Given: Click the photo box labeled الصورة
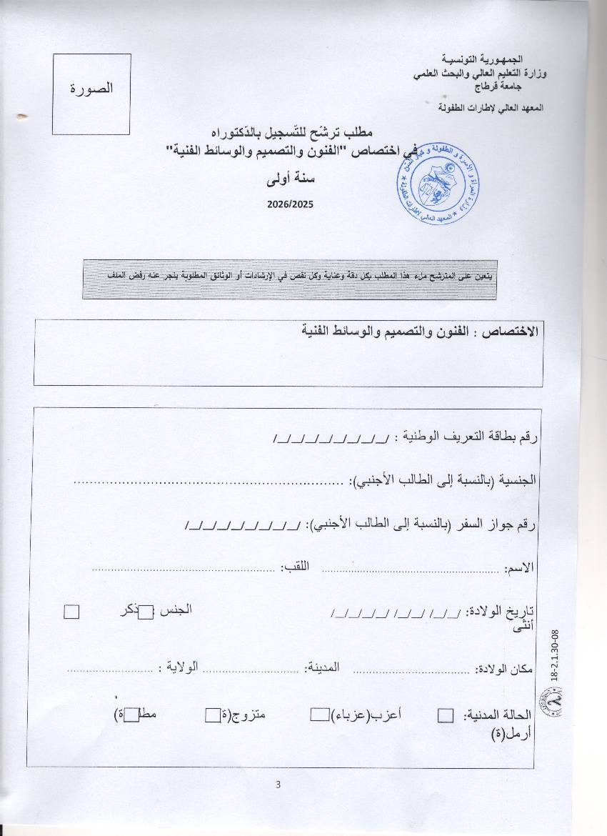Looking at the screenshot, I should [x=91, y=94].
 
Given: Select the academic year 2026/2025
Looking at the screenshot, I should [x=291, y=204].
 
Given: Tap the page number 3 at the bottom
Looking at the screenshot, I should [x=278, y=785].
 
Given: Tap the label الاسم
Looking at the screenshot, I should [x=519, y=569].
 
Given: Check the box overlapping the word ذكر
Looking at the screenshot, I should [x=145, y=612].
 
